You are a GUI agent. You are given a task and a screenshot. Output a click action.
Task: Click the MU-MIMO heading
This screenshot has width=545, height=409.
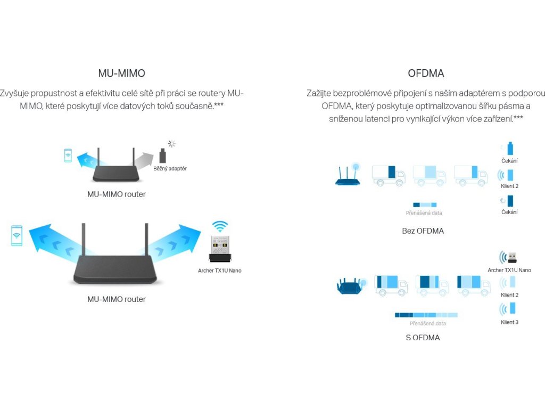point(121,73)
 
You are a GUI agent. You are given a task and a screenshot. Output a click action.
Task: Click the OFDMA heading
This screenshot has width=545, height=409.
point(426,73)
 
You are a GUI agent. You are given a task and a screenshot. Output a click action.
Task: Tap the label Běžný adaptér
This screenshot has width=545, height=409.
point(170,169)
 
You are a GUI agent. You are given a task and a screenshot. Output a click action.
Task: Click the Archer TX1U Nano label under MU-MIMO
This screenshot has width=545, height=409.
point(219,271)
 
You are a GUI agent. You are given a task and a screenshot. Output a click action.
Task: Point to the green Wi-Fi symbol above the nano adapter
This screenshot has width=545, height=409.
point(219,225)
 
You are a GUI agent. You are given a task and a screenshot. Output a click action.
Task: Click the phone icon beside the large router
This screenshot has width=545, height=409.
point(16,235)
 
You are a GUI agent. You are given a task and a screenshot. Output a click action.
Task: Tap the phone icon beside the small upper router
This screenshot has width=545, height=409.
point(68,156)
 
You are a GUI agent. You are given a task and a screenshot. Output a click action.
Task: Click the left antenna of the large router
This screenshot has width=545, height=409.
point(84,239)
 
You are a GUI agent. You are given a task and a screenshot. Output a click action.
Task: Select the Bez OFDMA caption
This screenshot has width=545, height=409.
point(423,231)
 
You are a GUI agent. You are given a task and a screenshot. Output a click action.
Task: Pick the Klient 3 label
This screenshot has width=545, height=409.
point(509,322)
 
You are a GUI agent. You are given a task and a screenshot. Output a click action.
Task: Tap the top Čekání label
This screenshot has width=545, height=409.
point(509,161)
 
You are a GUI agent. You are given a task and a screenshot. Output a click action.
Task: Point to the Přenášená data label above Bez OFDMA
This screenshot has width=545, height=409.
point(424,213)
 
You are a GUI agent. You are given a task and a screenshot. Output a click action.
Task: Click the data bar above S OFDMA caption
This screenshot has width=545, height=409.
point(426,315)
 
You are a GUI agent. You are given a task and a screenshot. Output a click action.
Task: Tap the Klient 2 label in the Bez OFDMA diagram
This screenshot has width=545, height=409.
point(509,186)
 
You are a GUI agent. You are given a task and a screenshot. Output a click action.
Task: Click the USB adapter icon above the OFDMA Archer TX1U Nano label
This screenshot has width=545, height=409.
point(511,258)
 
